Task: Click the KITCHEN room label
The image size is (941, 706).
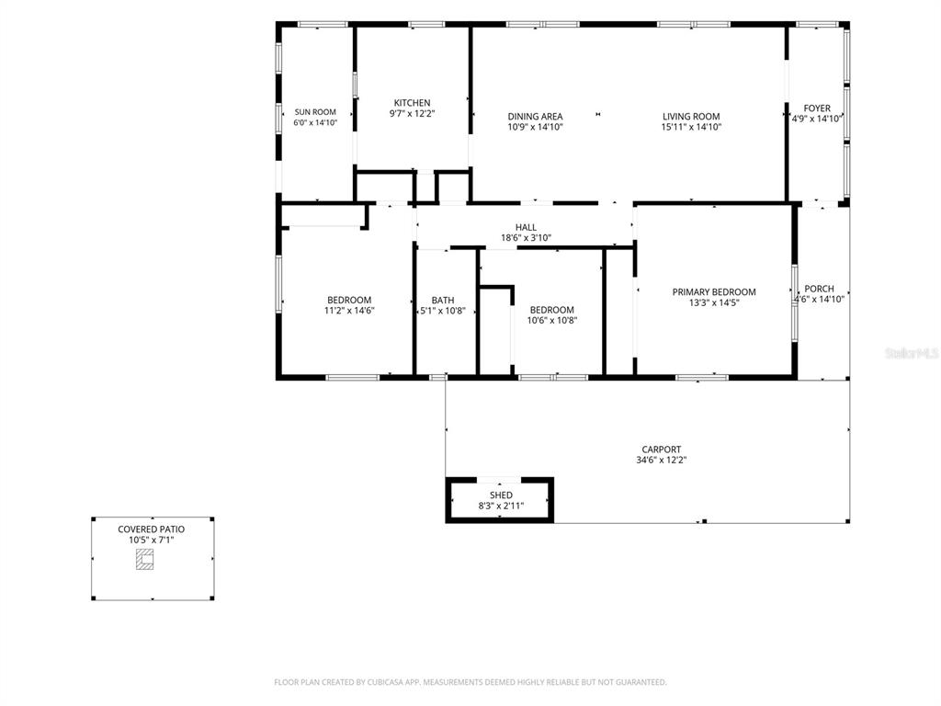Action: tap(412, 103)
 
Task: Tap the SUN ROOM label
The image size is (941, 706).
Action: tap(315, 111)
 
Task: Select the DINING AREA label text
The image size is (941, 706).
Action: tap(536, 117)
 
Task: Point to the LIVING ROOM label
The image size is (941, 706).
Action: tap(691, 117)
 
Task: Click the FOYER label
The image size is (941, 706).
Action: tap(817, 108)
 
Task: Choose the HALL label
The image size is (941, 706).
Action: tap(526, 227)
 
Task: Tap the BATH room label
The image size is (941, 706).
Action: tap(443, 301)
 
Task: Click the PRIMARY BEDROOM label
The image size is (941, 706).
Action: tap(714, 291)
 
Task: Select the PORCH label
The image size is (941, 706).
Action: tap(819, 289)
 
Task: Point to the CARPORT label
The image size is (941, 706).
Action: tap(662, 449)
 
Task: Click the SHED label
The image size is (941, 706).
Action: tap(501, 495)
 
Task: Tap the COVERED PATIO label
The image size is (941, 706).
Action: tap(152, 529)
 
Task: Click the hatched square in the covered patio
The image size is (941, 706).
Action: tap(144, 560)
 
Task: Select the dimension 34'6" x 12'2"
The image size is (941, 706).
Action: tap(662, 460)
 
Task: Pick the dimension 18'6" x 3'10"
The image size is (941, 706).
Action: tap(526, 238)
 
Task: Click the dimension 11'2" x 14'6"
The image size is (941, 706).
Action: tap(349, 311)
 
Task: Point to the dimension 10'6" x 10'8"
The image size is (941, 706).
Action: tap(552, 321)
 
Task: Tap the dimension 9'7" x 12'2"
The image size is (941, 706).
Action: tap(412, 113)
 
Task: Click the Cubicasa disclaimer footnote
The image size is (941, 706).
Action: tap(470, 682)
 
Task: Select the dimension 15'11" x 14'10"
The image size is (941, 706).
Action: tap(691, 127)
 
